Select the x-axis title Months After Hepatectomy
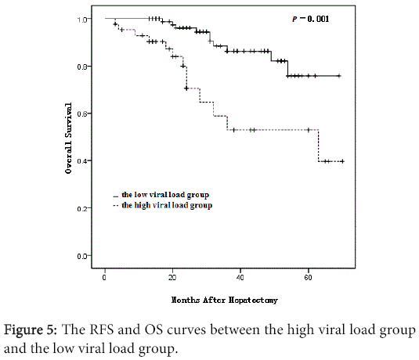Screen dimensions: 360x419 point(226,299)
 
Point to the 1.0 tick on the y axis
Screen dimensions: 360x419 point(81,19)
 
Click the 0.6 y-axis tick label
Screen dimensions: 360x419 point(81,113)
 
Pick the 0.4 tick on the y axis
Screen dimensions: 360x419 point(81,161)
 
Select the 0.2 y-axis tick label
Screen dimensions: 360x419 point(81,208)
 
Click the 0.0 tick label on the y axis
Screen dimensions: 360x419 point(81,256)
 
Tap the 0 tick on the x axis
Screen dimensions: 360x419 point(105,278)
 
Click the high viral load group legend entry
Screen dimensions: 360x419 point(166,205)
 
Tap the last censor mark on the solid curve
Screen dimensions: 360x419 point(338,76)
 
